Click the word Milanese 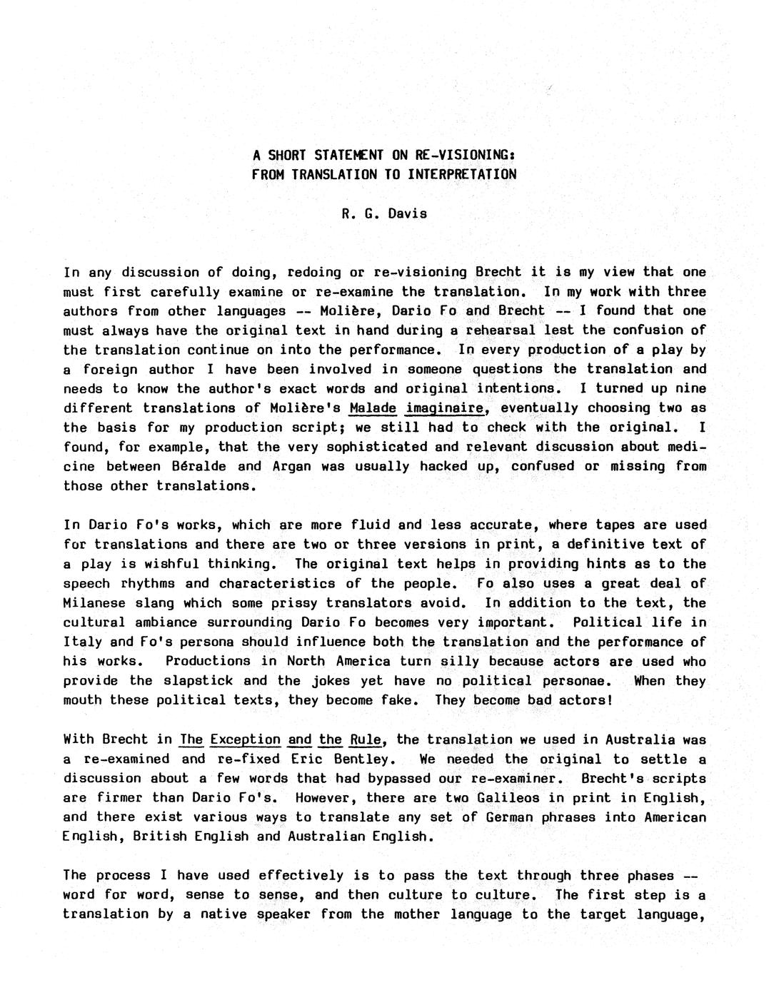[94, 602]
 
